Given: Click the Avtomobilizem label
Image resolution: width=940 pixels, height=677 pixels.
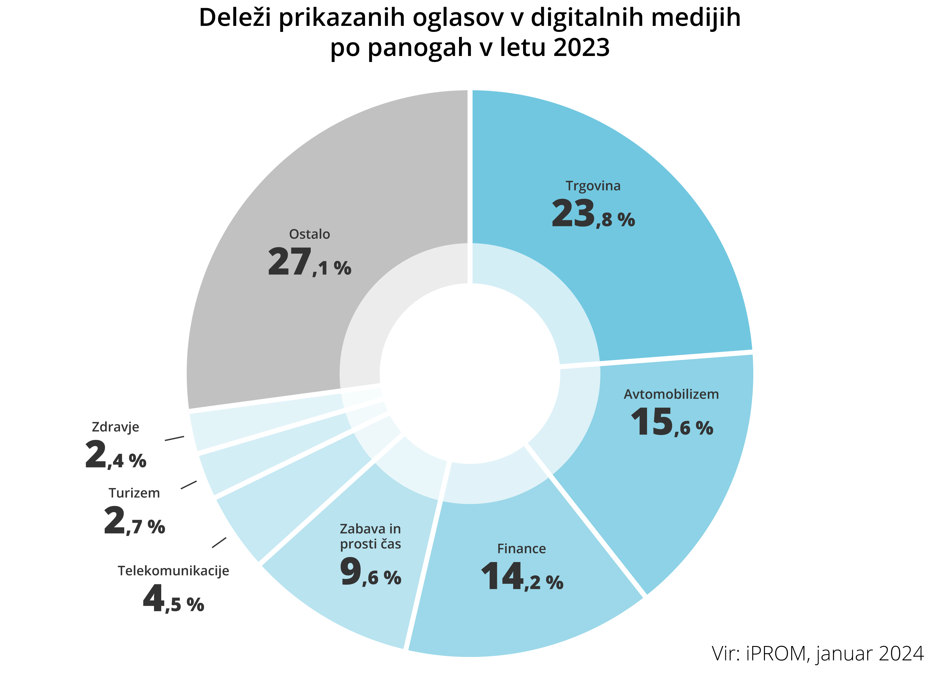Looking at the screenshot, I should (671, 394).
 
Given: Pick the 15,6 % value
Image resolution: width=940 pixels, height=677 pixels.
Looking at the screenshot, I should (671, 423).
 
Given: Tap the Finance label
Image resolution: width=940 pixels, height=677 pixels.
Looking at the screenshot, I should (521, 549).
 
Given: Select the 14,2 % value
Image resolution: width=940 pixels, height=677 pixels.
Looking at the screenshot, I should (521, 577).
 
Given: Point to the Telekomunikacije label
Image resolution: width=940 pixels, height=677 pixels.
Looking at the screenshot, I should (173, 571).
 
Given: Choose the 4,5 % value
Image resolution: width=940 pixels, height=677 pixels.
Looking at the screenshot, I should (173, 600).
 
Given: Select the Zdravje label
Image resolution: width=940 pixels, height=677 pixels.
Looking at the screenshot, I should (115, 427).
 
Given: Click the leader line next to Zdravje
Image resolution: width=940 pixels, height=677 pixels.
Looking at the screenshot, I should (174, 438).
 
